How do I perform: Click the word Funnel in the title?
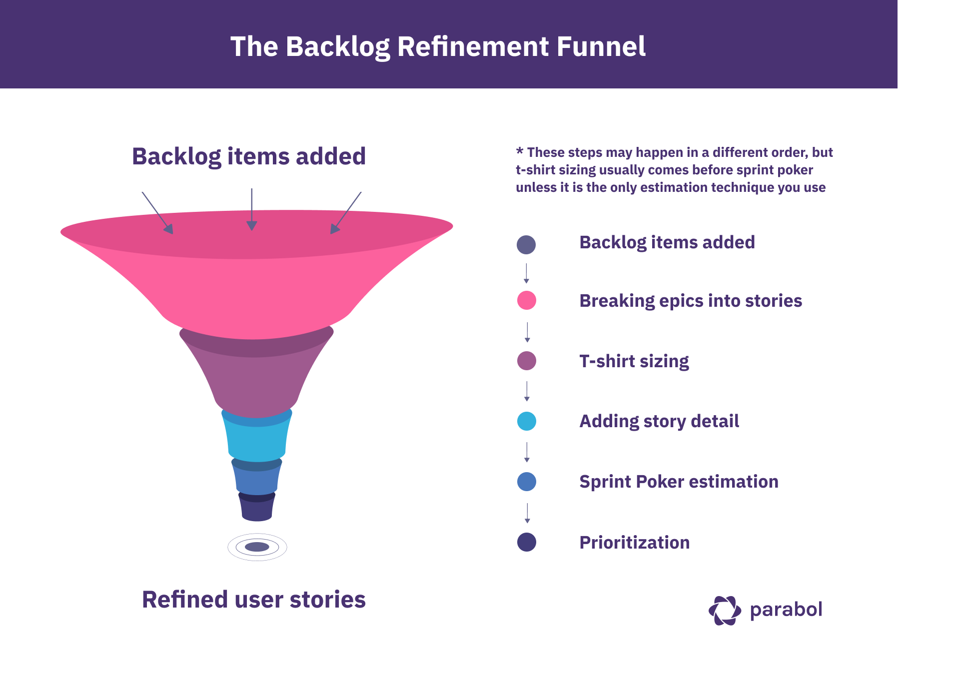[601, 46]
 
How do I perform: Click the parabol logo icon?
[725, 610]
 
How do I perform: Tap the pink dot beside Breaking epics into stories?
[526, 300]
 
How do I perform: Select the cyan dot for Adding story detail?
[526, 421]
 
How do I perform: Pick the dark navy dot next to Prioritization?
[526, 542]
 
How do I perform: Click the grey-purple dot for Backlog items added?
[526, 244]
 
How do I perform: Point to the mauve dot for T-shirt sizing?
[526, 361]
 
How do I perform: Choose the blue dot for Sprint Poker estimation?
[526, 482]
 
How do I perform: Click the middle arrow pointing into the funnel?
[252, 210]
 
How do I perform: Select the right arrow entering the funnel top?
[345, 213]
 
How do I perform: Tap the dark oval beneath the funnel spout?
[257, 547]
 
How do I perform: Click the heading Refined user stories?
[253, 600]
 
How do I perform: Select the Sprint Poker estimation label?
[678, 482]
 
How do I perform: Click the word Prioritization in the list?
[634, 543]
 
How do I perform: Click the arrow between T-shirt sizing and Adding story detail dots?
[527, 391]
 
